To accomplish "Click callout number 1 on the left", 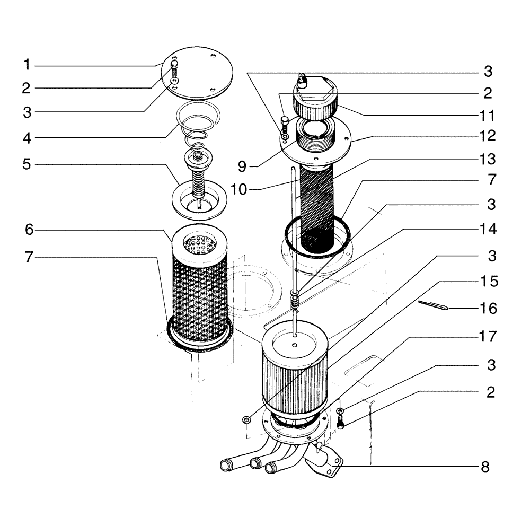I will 26,65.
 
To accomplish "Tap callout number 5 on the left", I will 26,164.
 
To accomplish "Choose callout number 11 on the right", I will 487,115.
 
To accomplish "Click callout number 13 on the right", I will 487,159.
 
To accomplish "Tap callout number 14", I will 487,230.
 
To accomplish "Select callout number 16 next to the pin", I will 487,307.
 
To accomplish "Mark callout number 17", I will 487,336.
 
